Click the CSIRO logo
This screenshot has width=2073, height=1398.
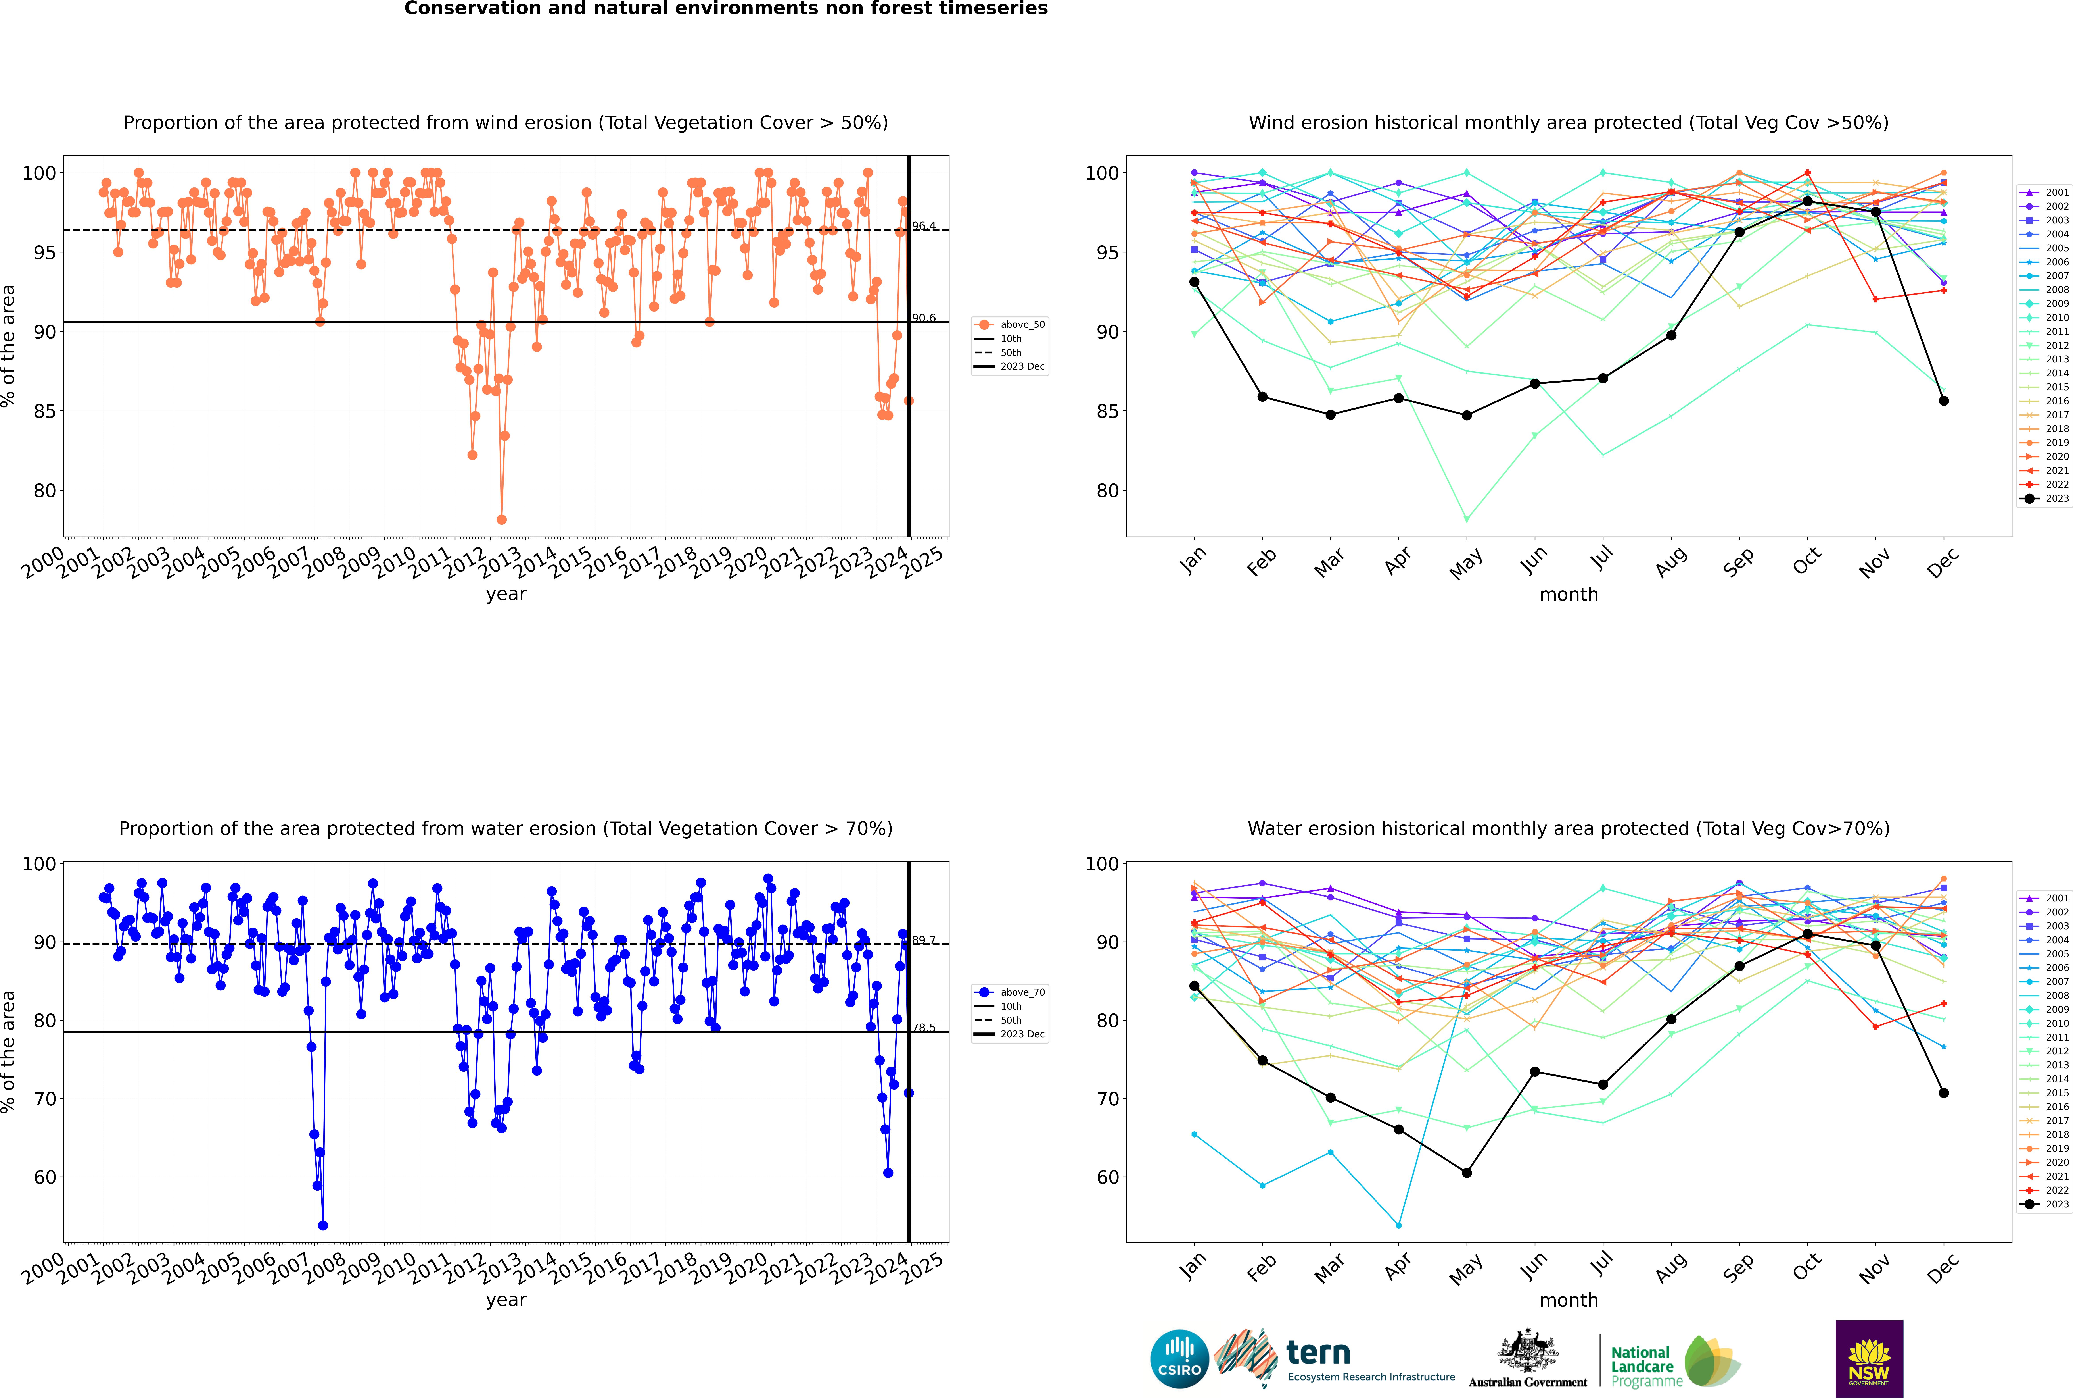(1179, 1360)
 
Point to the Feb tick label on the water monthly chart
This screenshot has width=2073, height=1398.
(1260, 1267)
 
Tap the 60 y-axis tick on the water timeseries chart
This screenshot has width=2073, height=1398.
(44, 1177)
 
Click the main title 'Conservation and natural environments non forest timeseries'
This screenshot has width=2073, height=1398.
(725, 9)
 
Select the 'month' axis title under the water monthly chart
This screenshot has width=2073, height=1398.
(1569, 1300)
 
